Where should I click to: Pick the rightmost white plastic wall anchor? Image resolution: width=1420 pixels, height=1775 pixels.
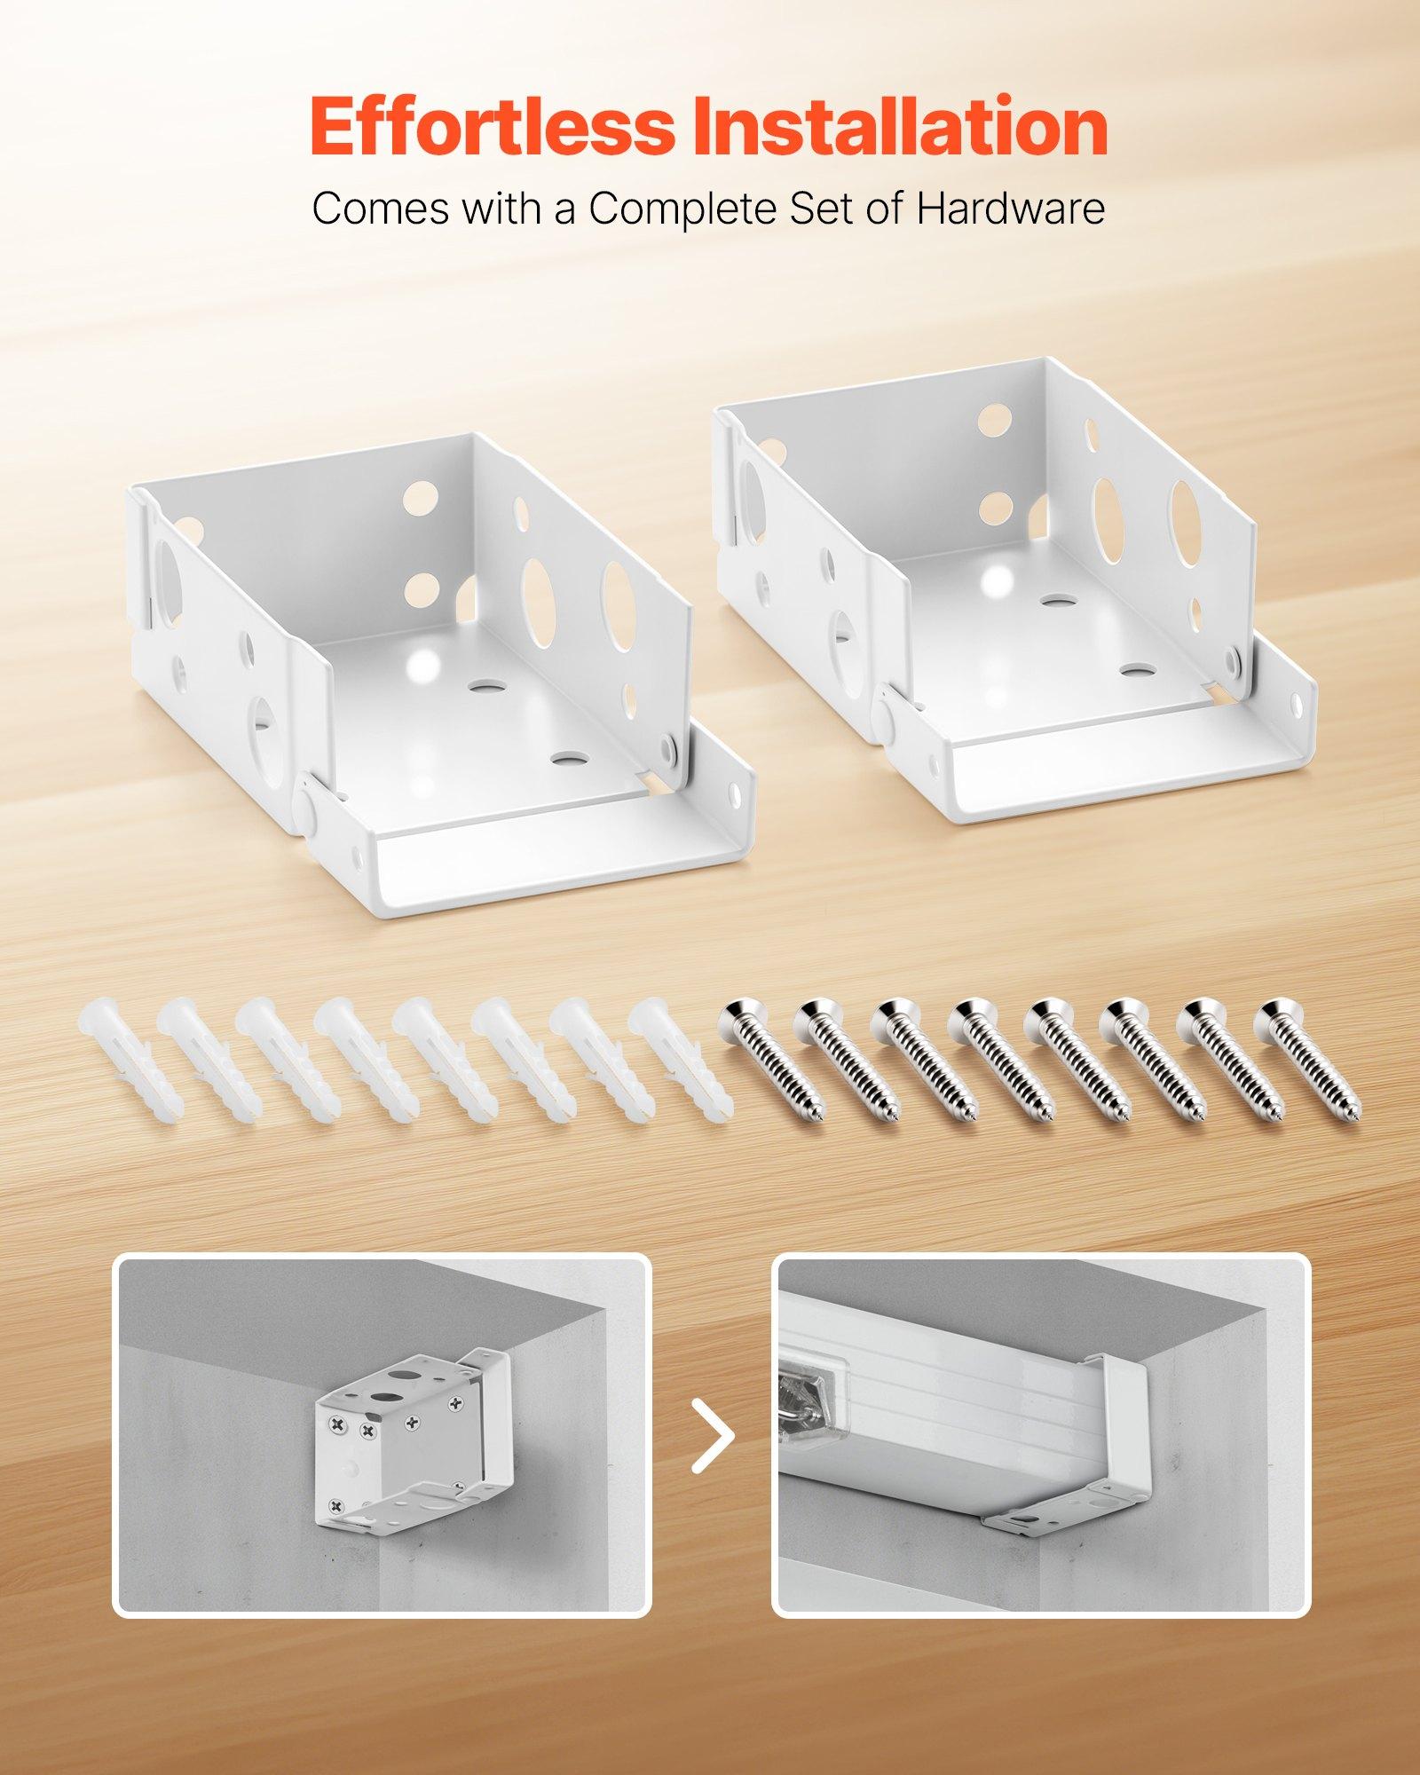pos(679,1056)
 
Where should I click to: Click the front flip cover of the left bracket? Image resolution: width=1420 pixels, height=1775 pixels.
pos(541,834)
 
